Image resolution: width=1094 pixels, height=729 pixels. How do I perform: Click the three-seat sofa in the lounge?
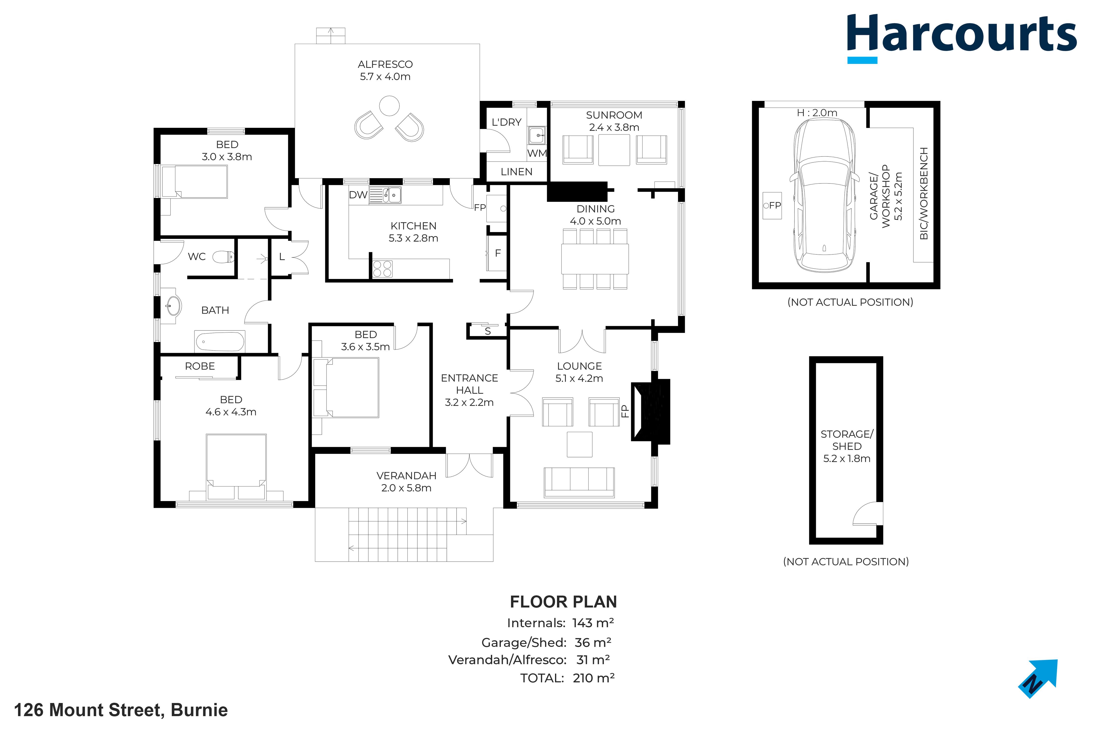point(579,482)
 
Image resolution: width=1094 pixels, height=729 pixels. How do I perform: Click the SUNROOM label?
point(614,115)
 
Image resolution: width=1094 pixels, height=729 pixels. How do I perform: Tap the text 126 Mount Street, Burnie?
point(121,710)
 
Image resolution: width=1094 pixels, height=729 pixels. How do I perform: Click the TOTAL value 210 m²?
point(593,678)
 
